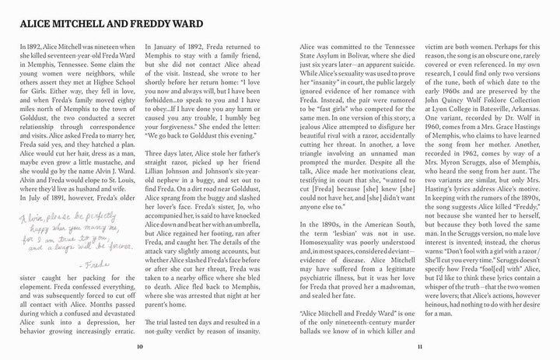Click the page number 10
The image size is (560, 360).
(138, 345)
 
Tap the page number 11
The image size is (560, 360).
(418, 345)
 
